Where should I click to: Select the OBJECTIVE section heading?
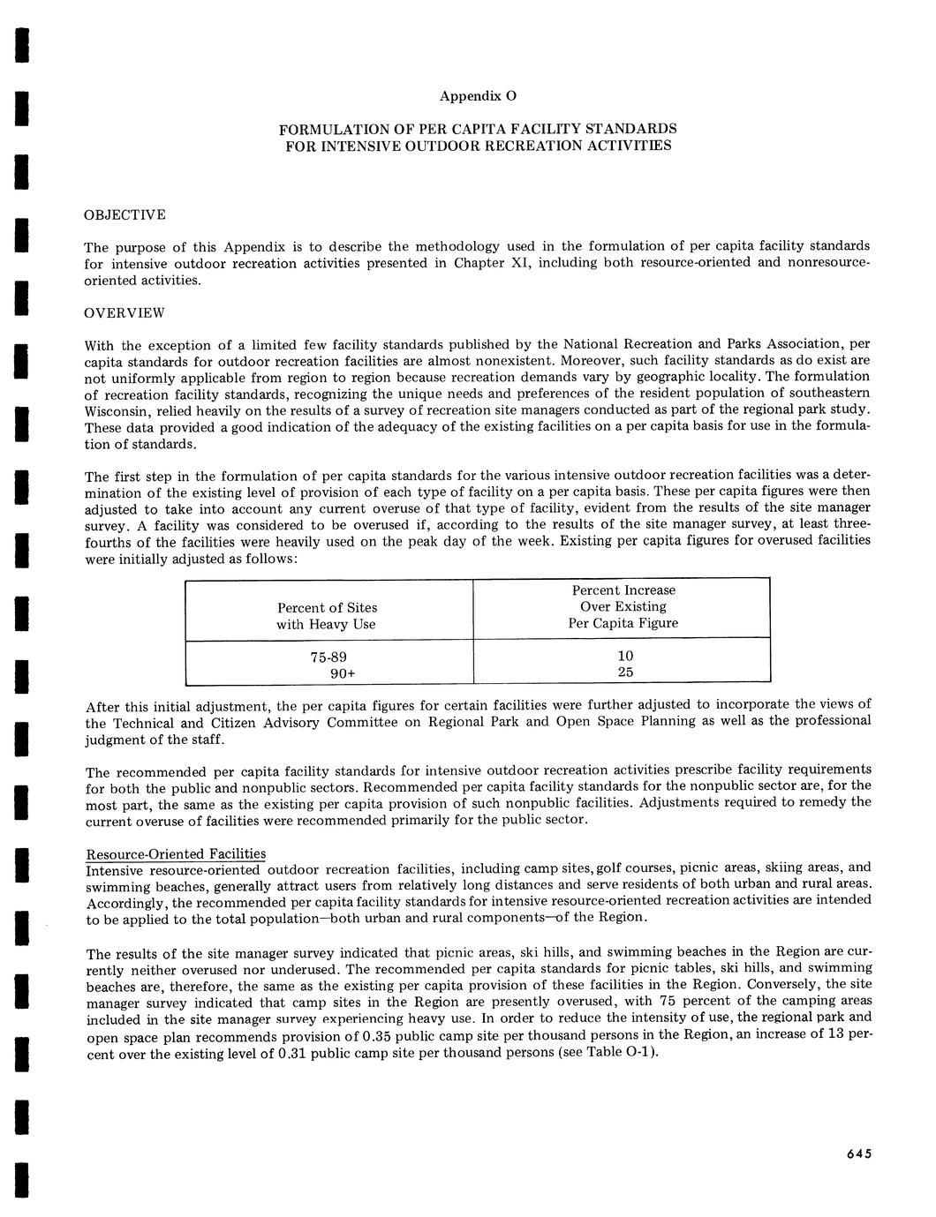(x=125, y=214)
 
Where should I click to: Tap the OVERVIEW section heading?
(x=124, y=313)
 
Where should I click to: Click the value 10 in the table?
(x=625, y=656)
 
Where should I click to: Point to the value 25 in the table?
(x=625, y=672)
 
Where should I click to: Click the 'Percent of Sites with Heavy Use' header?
(x=327, y=616)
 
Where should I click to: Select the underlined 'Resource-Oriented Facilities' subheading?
(x=175, y=853)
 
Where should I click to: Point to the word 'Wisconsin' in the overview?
(x=119, y=411)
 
